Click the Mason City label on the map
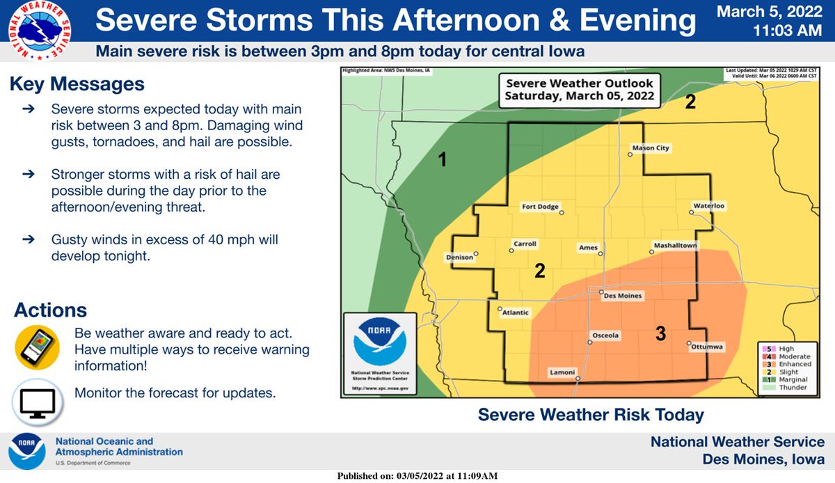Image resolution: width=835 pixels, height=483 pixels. (650, 148)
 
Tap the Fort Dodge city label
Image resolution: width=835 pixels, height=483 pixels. (540, 207)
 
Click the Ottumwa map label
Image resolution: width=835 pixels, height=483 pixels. (708, 346)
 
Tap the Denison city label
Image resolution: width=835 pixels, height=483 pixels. (459, 258)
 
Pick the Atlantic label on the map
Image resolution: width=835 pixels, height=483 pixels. (516, 313)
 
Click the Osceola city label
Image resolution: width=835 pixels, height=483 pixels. (605, 335)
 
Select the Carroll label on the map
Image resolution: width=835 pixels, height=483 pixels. (525, 244)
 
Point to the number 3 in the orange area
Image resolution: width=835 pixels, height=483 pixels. (660, 334)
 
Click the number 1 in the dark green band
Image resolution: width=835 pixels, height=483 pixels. (442, 161)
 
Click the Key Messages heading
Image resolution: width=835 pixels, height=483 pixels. (77, 84)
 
